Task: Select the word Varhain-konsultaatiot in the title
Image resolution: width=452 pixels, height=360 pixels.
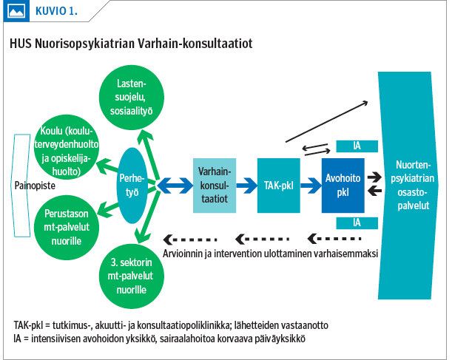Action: coord(201,44)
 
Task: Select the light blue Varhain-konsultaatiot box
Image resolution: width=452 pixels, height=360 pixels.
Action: coord(215,185)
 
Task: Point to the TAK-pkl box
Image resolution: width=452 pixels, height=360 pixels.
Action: coord(278,185)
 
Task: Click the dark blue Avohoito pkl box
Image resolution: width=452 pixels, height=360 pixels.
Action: coord(343,185)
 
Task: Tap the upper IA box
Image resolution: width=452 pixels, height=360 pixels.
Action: coord(357,146)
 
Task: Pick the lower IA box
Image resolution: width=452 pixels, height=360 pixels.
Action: coord(357,222)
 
